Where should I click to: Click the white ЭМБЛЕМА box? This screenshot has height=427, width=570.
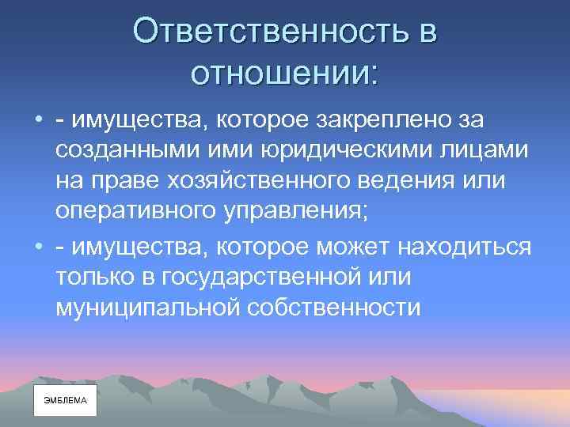65,401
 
